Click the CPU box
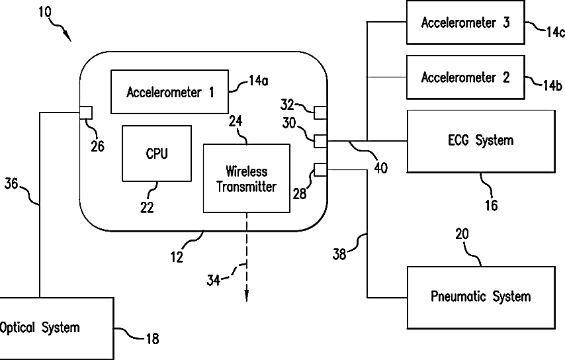157,153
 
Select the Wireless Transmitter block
247,179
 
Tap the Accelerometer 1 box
169,91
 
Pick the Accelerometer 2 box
466,77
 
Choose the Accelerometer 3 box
466,22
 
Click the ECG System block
481,141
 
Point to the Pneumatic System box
481,298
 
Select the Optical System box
57,328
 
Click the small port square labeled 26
86,112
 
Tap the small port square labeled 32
320,112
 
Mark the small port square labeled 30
320,141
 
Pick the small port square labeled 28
320,169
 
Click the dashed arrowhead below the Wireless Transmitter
247,296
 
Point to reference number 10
45,13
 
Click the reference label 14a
259,81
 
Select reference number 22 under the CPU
147,207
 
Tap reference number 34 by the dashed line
213,280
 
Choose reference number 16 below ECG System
491,205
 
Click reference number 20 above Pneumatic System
462,234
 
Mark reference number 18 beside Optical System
152,339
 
